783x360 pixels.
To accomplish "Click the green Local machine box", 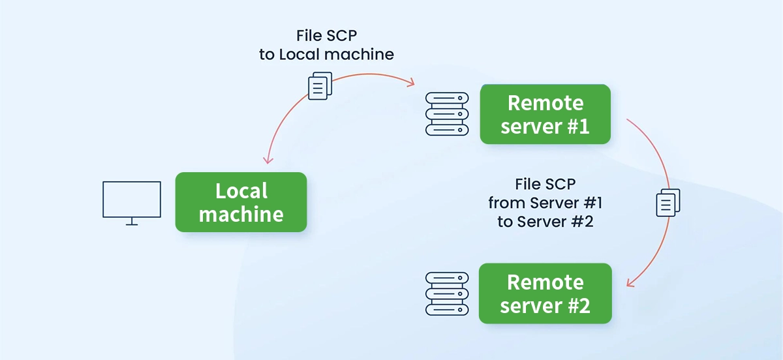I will point(241,202).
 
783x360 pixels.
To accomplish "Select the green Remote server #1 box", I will point(545,114).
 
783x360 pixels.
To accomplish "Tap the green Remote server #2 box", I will point(545,293).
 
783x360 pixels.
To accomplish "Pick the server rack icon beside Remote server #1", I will point(447,113).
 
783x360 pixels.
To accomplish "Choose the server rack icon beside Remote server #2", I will point(447,293).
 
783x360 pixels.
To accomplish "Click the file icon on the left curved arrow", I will point(319,85).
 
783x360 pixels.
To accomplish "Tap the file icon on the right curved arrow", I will point(668,203).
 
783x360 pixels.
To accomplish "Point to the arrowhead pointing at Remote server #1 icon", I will point(411,83).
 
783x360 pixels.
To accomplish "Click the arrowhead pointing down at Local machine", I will point(267,160).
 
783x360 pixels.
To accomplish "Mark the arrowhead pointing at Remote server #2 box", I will point(630,283).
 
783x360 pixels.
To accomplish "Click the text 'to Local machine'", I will point(326,54).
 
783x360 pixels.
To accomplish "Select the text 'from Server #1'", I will point(540,202).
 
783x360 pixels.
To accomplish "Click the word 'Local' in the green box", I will point(241,191).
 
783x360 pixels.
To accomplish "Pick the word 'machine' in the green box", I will point(241,214).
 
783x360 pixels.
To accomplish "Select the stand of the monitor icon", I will point(132,222).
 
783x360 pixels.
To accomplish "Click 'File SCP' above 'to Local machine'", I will point(326,35).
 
